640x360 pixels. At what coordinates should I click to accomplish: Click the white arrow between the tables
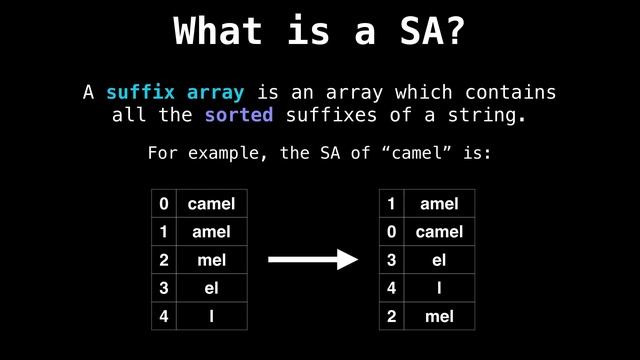point(312,260)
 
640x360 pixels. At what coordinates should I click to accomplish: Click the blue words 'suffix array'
point(174,93)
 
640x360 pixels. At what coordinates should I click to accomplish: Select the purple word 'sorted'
point(238,115)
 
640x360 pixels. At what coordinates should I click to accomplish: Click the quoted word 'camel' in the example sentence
point(386,154)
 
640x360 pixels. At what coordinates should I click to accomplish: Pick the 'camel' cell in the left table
point(211,204)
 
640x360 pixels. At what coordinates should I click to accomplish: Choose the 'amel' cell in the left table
point(211,232)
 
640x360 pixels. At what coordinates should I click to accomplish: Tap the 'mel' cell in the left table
point(211,260)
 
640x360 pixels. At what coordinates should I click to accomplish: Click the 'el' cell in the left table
point(211,288)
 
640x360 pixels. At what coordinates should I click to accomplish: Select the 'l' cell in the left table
point(211,316)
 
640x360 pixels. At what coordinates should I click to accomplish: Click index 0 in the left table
point(164,204)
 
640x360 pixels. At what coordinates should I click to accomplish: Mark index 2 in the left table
point(164,260)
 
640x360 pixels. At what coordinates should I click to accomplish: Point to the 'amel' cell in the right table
point(439,204)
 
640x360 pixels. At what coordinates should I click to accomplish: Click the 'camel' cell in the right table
point(439,232)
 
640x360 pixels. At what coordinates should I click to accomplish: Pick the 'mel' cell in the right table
point(439,316)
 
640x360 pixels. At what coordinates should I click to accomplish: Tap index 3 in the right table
point(392,260)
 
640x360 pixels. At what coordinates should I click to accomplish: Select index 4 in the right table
point(392,288)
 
